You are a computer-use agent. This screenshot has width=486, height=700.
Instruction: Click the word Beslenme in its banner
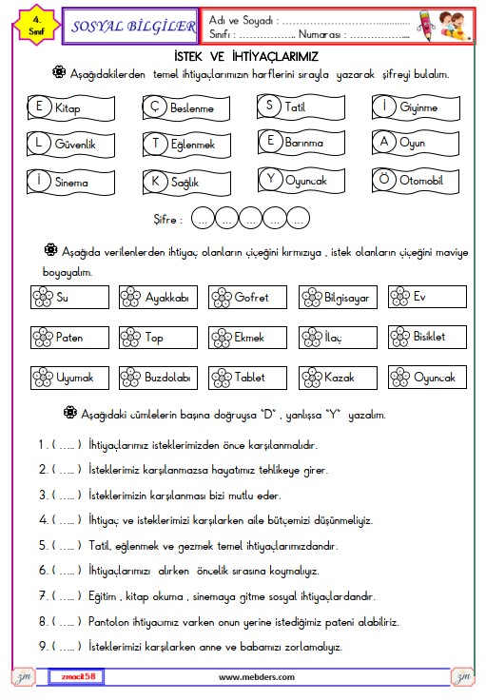[x=192, y=108]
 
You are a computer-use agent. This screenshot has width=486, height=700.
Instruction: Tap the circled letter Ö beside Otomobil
[x=384, y=180]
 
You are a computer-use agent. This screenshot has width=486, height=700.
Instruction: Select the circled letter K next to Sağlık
[x=155, y=182]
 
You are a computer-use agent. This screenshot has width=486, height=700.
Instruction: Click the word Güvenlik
[x=75, y=144]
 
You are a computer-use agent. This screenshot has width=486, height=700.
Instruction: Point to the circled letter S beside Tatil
[x=269, y=106]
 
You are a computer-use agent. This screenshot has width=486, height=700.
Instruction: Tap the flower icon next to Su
[x=43, y=298]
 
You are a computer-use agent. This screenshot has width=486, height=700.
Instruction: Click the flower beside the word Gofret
[x=222, y=298]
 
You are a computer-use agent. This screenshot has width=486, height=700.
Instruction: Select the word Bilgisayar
[x=347, y=298]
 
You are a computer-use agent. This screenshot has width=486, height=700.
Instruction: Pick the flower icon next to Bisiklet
[x=399, y=337]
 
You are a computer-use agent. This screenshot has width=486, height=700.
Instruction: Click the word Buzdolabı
[x=167, y=378]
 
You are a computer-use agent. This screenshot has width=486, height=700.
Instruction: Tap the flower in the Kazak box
[x=312, y=378]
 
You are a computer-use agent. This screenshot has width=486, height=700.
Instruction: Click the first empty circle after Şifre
[x=203, y=219]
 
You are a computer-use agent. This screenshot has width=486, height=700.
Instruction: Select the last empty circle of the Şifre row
[x=298, y=219]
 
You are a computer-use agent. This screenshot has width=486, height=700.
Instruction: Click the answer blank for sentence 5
[x=67, y=546]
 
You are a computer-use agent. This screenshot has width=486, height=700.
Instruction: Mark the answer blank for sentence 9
[x=67, y=646]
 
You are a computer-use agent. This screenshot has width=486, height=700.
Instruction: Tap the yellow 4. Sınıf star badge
[x=36, y=26]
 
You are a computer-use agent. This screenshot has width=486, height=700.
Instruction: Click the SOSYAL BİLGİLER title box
[x=130, y=26]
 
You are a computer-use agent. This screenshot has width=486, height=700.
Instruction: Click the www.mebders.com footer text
[x=257, y=677]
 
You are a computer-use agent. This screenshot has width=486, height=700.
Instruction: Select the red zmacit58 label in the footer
[x=77, y=676]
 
